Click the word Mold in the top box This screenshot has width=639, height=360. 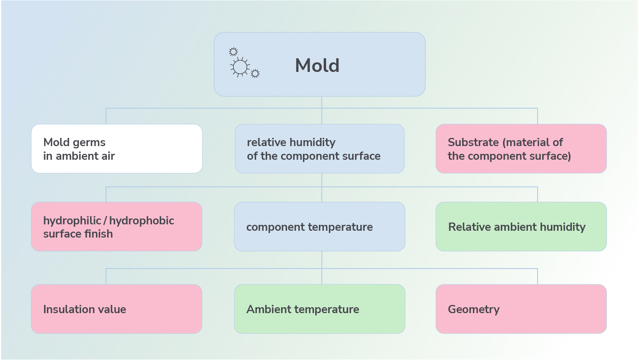(x=317, y=66)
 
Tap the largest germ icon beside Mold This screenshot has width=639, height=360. (x=240, y=67)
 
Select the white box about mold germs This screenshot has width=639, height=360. (x=117, y=148)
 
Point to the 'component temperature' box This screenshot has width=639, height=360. (x=319, y=227)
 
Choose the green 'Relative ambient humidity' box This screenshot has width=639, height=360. (x=521, y=227)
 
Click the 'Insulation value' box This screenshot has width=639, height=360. (x=117, y=309)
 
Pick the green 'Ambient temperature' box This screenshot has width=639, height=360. (x=319, y=309)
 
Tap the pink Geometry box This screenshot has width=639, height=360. (x=521, y=309)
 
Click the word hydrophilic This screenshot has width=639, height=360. (x=72, y=220)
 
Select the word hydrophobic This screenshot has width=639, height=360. (x=141, y=220)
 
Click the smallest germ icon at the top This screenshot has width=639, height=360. (x=233, y=52)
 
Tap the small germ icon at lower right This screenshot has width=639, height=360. (x=255, y=73)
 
